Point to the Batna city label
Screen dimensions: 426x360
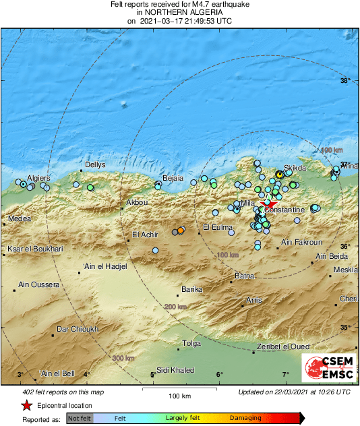pos(243,276)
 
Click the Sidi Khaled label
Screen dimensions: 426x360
pos(175,370)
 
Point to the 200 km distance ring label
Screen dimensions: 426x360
pos(175,307)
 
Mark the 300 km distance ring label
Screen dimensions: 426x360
pos(123,358)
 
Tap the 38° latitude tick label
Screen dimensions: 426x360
pos(345,82)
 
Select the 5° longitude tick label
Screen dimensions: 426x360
pos(152,375)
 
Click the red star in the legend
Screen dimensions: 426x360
pos(26,406)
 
